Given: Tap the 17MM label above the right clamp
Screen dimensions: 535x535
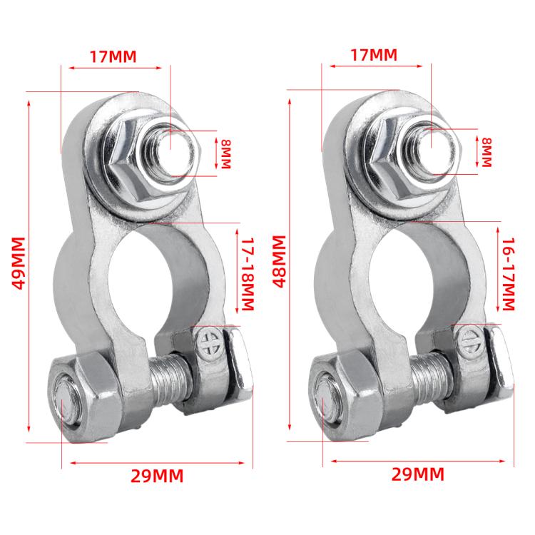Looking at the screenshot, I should [374, 54].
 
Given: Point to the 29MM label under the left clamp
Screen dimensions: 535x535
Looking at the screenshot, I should [156, 476].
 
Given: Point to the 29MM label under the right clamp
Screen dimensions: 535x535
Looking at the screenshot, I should [417, 474].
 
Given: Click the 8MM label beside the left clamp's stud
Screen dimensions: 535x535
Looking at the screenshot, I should [227, 153].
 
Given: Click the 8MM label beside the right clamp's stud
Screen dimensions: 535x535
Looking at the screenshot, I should [487, 152].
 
